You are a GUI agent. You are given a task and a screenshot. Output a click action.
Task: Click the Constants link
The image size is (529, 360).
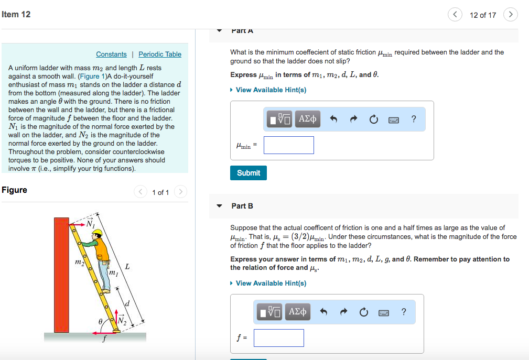111,54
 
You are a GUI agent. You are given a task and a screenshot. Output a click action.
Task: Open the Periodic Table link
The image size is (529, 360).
160,54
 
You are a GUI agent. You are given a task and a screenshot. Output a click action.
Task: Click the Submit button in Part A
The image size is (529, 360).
248,173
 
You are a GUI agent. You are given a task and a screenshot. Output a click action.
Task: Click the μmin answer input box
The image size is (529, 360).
288,145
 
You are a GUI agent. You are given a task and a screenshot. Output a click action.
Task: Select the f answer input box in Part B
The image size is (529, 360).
278,338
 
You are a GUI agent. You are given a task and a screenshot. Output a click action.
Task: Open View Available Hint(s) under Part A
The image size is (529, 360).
271,90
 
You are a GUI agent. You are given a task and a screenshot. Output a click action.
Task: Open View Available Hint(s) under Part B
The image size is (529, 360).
271,283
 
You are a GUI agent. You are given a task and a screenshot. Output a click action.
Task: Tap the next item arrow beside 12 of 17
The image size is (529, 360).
510,15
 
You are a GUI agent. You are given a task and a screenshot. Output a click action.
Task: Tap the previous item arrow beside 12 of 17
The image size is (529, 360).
455,15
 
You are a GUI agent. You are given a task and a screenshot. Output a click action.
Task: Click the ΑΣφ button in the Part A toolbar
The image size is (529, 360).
307,119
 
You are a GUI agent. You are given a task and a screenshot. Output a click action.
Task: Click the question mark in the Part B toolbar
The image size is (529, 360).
403,312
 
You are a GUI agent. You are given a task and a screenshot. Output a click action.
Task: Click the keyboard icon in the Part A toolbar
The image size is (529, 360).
393,119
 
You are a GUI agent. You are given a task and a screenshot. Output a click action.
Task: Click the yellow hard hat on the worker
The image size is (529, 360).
96,233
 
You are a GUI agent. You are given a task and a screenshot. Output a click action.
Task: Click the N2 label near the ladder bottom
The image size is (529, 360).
122,321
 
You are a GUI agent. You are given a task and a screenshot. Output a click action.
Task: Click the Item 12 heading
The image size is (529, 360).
16,14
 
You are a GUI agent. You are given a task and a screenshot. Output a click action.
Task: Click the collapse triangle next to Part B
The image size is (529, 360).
220,206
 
